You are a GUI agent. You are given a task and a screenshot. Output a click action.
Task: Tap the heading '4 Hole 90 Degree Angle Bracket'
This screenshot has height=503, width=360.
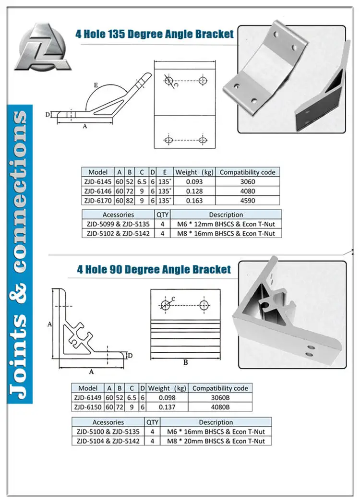tap(154, 269)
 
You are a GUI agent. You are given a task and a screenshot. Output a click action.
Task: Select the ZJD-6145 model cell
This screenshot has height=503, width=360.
tap(97, 182)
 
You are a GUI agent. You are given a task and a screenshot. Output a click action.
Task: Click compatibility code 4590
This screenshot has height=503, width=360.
tap(247, 201)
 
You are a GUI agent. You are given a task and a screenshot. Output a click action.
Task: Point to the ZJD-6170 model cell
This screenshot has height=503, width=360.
tap(97, 201)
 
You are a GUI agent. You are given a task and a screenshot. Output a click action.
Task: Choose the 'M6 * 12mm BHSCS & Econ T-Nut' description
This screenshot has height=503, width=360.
tap(226, 224)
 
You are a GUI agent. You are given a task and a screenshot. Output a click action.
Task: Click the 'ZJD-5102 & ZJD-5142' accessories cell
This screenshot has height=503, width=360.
tap(118, 234)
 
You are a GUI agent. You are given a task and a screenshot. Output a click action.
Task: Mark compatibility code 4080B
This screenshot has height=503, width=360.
tap(220, 407)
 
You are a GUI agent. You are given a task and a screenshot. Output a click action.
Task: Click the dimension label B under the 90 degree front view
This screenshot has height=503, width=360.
tap(185, 362)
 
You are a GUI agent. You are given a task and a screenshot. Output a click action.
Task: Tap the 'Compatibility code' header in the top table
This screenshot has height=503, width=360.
tap(247, 172)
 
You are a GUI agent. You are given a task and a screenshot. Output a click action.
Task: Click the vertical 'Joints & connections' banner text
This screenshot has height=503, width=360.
tap(20, 254)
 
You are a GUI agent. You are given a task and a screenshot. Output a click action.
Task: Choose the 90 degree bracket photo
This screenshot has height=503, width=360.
tap(291, 314)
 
